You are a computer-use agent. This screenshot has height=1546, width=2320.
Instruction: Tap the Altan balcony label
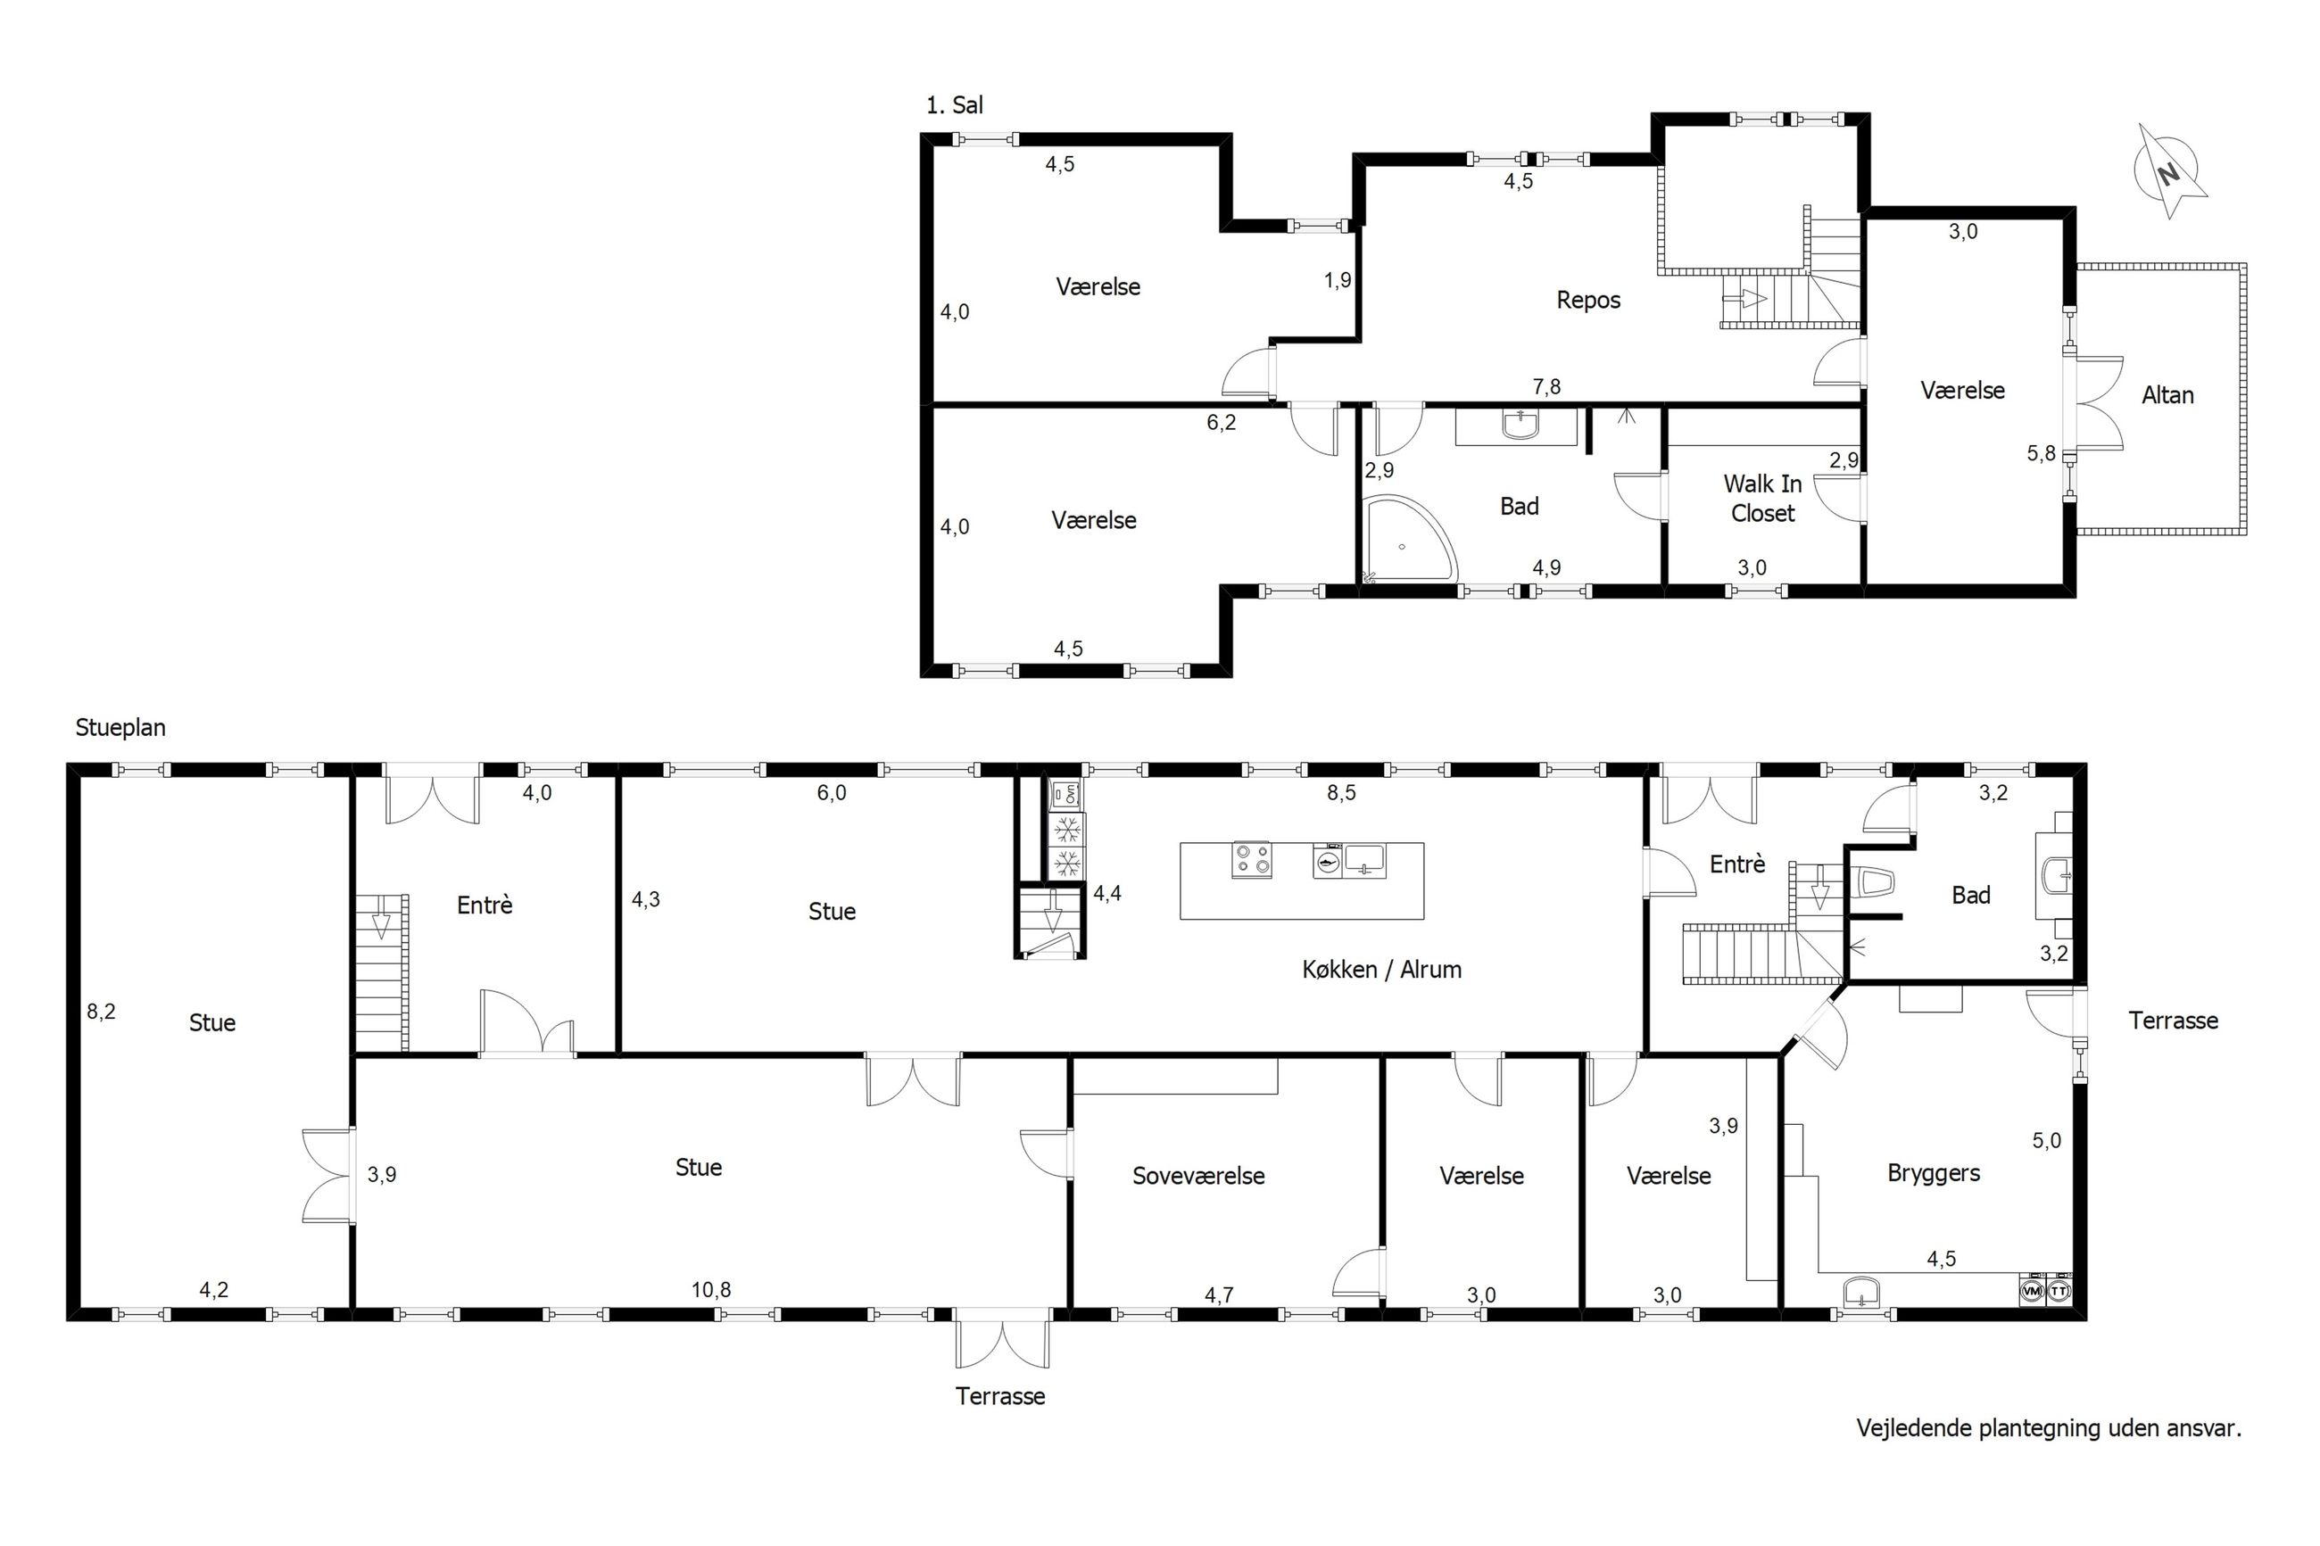pyautogui.click(x=2167, y=395)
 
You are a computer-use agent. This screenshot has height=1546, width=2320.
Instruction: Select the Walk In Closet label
pyautogui.click(x=1762, y=498)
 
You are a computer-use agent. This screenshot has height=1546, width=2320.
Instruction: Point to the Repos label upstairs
pyautogui.click(x=1587, y=300)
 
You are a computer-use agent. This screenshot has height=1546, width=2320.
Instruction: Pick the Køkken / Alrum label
pyautogui.click(x=1381, y=969)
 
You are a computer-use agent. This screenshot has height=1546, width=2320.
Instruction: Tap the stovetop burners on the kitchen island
pyautogui.click(x=1251, y=860)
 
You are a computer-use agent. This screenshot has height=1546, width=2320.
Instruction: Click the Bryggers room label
pyautogui.click(x=1934, y=1173)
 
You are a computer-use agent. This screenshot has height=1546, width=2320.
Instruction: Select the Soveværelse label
pyautogui.click(x=1198, y=1175)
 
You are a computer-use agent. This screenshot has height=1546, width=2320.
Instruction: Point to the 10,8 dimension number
pyautogui.click(x=711, y=1290)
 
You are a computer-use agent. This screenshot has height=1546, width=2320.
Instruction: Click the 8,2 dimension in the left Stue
pyautogui.click(x=101, y=1011)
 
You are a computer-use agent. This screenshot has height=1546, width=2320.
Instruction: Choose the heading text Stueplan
pyautogui.click(x=120, y=728)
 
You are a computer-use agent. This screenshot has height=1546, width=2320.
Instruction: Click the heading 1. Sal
pyautogui.click(x=955, y=104)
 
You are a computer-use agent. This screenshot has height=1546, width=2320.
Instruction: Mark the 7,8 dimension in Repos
pyautogui.click(x=1546, y=386)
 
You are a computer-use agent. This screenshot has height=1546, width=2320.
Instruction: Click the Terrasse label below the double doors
pyautogui.click(x=999, y=1396)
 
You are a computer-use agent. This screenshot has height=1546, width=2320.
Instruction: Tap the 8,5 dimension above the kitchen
pyautogui.click(x=1341, y=793)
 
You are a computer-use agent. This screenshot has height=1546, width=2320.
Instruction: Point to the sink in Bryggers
pyautogui.click(x=1860, y=1291)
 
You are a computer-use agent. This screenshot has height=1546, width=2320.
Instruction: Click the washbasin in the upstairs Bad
pyautogui.click(x=1520, y=424)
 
